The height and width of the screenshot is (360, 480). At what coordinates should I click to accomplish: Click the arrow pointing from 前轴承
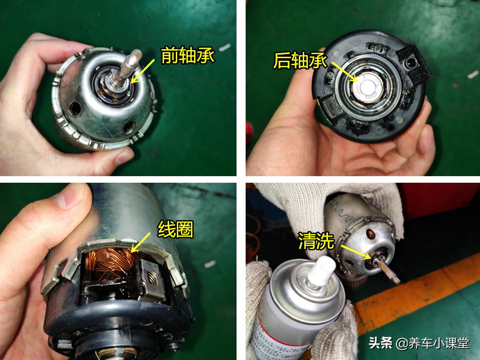pos(143,70)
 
